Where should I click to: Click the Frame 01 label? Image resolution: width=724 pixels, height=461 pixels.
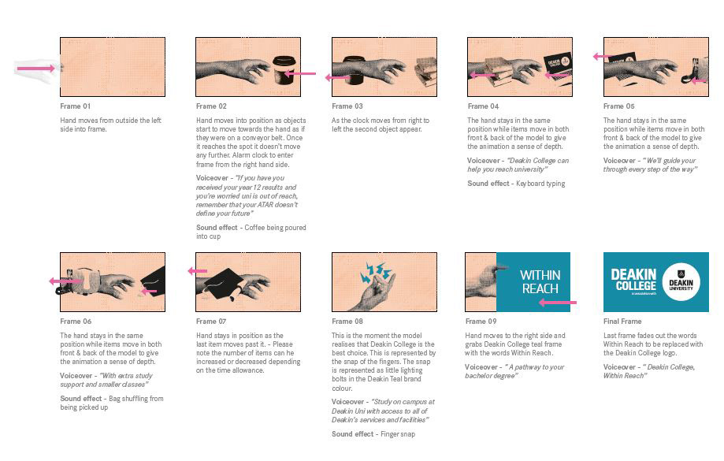click(x=76, y=106)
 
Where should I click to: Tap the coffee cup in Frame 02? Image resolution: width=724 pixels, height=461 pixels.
click(x=284, y=70)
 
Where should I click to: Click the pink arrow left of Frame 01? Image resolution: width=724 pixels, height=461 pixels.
click(x=36, y=69)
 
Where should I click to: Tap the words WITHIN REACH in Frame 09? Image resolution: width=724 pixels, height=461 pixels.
click(x=540, y=282)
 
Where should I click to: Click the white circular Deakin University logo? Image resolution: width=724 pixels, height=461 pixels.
click(x=681, y=282)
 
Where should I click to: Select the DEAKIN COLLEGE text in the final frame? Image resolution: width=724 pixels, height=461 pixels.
click(x=633, y=280)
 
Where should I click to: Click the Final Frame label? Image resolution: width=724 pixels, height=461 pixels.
click(x=622, y=322)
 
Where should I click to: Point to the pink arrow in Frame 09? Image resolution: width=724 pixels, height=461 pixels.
click(x=558, y=303)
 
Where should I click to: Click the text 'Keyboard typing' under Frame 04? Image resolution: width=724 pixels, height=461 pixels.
click(x=540, y=184)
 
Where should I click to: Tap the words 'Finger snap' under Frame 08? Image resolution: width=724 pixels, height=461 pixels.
click(x=398, y=434)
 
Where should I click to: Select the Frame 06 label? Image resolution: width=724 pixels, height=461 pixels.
click(x=76, y=322)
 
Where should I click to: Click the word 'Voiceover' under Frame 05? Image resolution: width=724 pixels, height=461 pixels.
click(x=619, y=161)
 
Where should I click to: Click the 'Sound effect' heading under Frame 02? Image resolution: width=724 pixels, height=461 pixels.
click(x=217, y=228)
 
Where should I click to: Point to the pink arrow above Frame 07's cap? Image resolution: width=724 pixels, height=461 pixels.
click(x=198, y=271)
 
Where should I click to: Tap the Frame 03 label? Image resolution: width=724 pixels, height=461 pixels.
click(x=347, y=106)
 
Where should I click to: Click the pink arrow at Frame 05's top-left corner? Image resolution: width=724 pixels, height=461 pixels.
click(x=603, y=57)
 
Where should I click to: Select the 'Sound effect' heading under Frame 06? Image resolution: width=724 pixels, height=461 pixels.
click(x=81, y=399)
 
